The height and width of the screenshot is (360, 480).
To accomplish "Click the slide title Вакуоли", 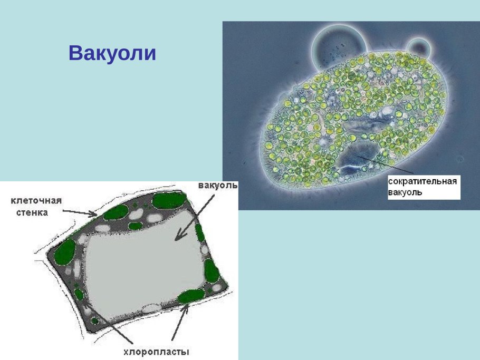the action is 112,53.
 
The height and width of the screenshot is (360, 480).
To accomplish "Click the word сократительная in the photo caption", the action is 423,181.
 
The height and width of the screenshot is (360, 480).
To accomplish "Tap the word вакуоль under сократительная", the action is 405,192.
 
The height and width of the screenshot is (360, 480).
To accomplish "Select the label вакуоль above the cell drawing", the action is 218,186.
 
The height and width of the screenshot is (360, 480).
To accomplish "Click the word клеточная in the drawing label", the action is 36,201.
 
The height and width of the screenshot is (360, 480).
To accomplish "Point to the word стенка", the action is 32,212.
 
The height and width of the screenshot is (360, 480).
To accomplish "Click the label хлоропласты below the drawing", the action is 156,352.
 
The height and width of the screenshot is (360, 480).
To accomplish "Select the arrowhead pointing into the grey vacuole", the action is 179,236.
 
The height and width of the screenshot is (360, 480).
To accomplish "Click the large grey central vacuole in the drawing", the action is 144,266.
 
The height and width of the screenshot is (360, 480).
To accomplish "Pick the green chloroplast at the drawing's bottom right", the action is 191,296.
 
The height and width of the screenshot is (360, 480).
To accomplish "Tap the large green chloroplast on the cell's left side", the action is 64,252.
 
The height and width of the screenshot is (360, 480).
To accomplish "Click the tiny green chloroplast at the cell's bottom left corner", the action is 94,321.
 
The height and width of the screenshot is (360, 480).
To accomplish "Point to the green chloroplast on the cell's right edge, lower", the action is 212,271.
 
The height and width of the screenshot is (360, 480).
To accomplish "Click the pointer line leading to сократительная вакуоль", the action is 386,164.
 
